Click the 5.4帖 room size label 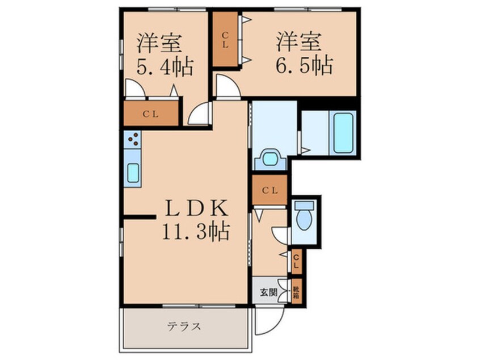click(165, 67)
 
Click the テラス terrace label click(184, 327)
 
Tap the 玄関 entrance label click(268, 292)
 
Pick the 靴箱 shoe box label click(296, 292)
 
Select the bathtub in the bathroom click(343, 133)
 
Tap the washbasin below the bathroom click(271, 158)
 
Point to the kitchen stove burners click(133, 139)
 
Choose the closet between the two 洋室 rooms click(225, 39)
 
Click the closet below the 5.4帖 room click(150, 114)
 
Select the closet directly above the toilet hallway click(270, 191)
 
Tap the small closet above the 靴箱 click(296, 262)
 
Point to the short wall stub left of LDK click(139, 216)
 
